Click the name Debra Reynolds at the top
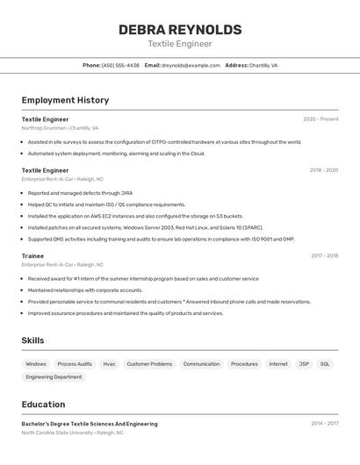[x=179, y=29]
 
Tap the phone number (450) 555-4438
[x=120, y=65]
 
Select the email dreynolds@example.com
[x=191, y=65]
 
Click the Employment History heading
[x=65, y=100]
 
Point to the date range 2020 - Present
[x=320, y=119]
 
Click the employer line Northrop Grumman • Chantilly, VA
[x=60, y=128]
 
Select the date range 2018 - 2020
[x=323, y=170]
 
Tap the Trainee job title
[x=32, y=255]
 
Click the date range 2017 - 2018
[x=324, y=255]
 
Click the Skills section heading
[x=32, y=340]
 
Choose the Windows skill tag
[x=36, y=363]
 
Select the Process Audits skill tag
[x=75, y=363]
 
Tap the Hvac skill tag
[x=109, y=363]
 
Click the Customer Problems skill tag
[x=149, y=363]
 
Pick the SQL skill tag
[x=325, y=363]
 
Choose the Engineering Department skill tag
[x=54, y=377]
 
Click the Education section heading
[x=43, y=404]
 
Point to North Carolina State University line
[x=72, y=433]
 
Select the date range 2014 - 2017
[x=324, y=424]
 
